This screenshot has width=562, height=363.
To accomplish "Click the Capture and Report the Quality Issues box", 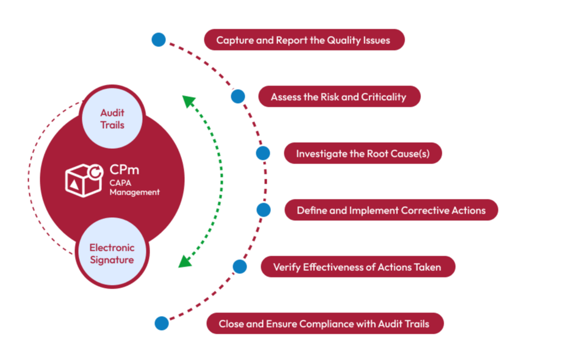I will click(x=304, y=40).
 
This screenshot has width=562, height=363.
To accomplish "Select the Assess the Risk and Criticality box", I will click(x=339, y=97).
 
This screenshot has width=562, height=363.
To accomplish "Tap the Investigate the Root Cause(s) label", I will click(x=362, y=154).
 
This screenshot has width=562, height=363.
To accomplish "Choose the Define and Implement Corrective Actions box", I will click(x=391, y=210).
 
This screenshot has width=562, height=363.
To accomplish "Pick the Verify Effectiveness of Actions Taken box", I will click(x=357, y=267).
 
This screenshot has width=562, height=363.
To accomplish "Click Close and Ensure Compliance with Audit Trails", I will click(x=324, y=324).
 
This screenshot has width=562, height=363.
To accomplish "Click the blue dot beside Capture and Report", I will click(x=159, y=40).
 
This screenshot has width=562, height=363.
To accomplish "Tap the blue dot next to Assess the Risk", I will click(x=238, y=96).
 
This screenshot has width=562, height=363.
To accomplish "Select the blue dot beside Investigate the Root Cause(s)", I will click(x=263, y=153).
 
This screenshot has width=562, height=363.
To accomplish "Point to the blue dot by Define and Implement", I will click(x=264, y=210).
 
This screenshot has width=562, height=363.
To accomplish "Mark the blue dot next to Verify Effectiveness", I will click(x=240, y=266).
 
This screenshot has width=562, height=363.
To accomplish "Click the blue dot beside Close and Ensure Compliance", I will click(x=162, y=323).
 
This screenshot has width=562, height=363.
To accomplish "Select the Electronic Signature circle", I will click(x=112, y=254).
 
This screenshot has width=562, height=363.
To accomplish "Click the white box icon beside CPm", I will click(x=84, y=179).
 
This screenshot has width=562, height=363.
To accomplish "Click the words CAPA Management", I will click(x=134, y=187).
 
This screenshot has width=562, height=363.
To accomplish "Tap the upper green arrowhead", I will click(x=189, y=101).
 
